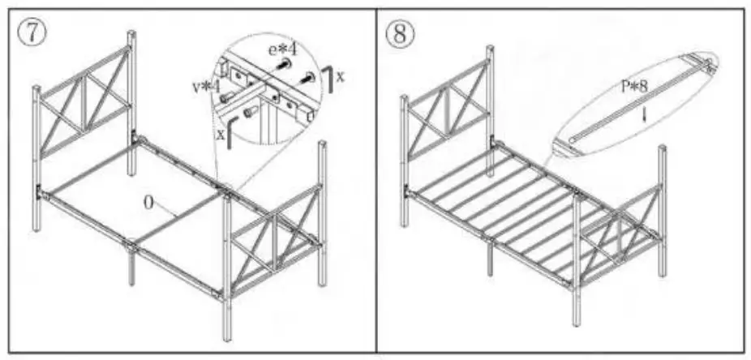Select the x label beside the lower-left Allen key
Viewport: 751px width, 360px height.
pyautogui.click(x=218, y=134)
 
